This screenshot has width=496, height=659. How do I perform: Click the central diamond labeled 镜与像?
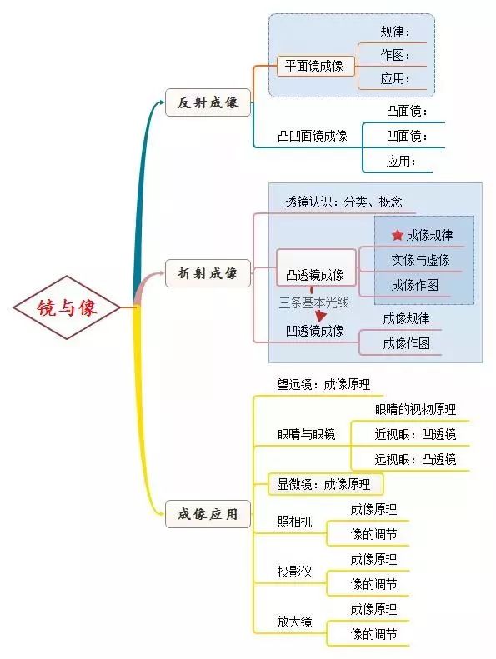click(67, 307)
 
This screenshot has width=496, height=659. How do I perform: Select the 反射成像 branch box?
click(208, 102)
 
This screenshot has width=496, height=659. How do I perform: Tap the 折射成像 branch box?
click(208, 273)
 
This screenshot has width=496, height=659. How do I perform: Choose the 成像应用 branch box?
click(208, 514)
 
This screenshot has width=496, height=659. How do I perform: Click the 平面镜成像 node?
click(315, 66)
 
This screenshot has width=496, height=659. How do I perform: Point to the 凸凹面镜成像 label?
click(312, 136)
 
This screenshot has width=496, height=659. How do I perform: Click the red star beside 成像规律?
click(397, 235)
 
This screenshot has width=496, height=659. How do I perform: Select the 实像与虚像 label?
click(420, 260)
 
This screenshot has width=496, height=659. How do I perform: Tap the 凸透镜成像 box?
click(316, 267)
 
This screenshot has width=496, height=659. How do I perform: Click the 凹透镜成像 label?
click(315, 331)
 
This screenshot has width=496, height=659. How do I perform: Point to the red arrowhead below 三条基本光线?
click(321, 316)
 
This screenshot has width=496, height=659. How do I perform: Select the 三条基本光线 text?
click(313, 302)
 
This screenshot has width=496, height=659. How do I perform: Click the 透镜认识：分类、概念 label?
click(343, 202)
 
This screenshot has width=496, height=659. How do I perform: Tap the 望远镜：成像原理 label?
click(323, 384)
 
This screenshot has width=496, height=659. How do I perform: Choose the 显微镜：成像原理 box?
click(326, 484)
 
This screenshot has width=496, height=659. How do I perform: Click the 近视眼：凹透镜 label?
click(415, 434)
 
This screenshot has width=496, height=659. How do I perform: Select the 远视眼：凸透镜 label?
click(415, 459)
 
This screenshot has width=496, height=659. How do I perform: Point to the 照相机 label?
click(294, 522)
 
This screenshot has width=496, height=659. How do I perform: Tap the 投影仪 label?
click(294, 572)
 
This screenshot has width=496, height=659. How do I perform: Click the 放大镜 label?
click(294, 622)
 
